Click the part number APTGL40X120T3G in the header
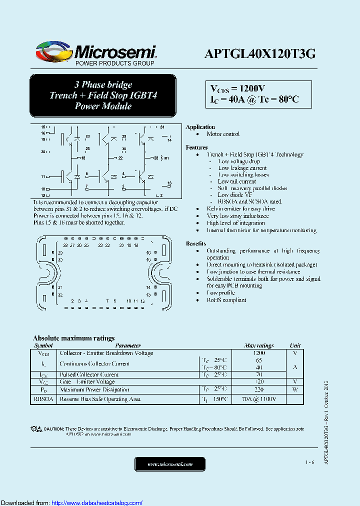(x=259, y=54)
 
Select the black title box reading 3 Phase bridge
(x=103, y=95)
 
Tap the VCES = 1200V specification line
(x=237, y=88)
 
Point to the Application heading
(x=200, y=127)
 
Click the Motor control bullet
(x=223, y=134)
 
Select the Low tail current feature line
(x=237, y=181)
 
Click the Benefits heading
(x=195, y=243)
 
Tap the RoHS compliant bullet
(x=226, y=300)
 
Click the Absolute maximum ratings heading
(x=73, y=338)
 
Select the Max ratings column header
(x=258, y=345)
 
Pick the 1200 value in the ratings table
(x=258, y=353)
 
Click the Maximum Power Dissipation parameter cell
(x=94, y=389)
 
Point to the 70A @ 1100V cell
(x=259, y=399)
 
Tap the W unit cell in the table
(x=295, y=389)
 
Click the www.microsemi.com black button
(x=170, y=464)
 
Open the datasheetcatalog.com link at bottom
(x=97, y=502)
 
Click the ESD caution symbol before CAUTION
(x=36, y=429)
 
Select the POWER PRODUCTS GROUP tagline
(x=114, y=64)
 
